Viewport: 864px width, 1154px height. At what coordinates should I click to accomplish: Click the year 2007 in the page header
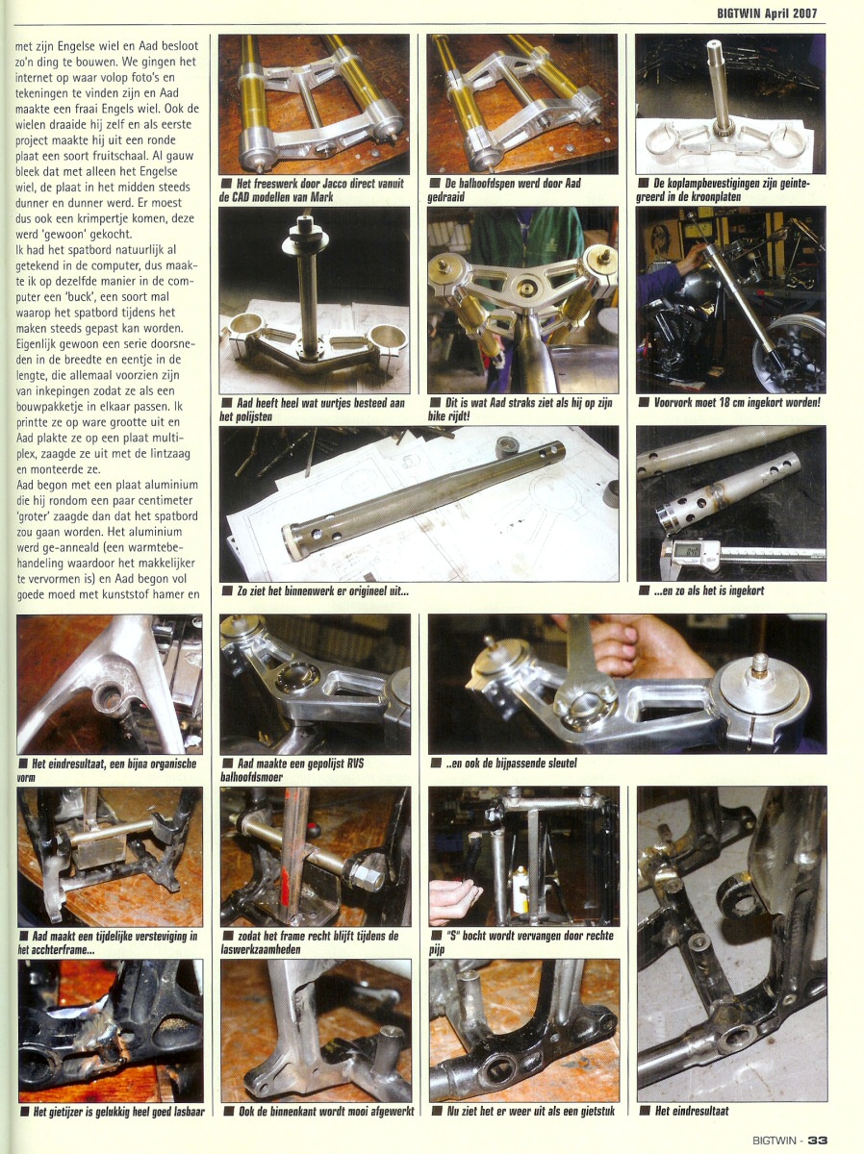802,13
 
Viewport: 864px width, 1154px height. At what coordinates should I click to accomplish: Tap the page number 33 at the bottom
818,1141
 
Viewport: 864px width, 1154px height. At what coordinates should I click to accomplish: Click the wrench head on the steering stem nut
585,690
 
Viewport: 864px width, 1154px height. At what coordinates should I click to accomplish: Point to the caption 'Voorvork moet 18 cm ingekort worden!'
737,403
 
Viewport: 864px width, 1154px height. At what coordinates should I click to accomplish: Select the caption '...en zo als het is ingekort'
709,590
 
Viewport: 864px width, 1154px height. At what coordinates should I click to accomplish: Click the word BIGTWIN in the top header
738,13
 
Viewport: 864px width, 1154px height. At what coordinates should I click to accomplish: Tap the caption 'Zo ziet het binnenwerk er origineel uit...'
322,590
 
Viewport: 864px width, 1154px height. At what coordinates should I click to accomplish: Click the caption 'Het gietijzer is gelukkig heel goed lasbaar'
118,1111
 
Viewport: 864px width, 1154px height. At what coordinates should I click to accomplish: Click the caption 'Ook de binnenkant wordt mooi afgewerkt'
326,1111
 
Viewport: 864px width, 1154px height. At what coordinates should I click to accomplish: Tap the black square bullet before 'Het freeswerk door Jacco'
226,184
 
